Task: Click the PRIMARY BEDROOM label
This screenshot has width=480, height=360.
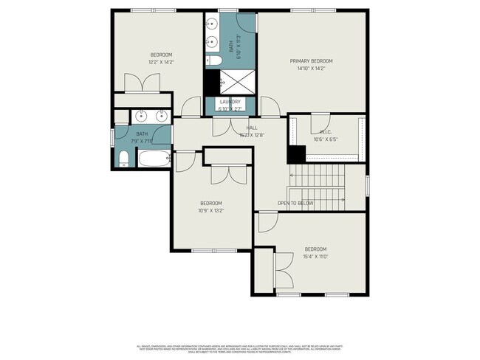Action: coord(312,60)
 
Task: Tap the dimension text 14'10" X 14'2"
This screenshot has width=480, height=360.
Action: coord(312,69)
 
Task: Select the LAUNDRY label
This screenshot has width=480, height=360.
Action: coord(230,102)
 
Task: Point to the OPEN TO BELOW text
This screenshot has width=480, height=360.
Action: coord(295,203)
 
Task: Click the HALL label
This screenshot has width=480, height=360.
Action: coord(251,128)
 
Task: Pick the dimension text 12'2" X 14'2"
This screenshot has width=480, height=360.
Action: coord(162,63)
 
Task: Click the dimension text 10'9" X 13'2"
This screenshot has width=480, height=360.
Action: coord(210,210)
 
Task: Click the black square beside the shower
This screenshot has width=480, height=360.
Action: coord(212,80)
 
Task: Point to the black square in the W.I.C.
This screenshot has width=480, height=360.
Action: coord(296,154)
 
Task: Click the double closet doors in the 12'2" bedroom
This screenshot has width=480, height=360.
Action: coord(140,83)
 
